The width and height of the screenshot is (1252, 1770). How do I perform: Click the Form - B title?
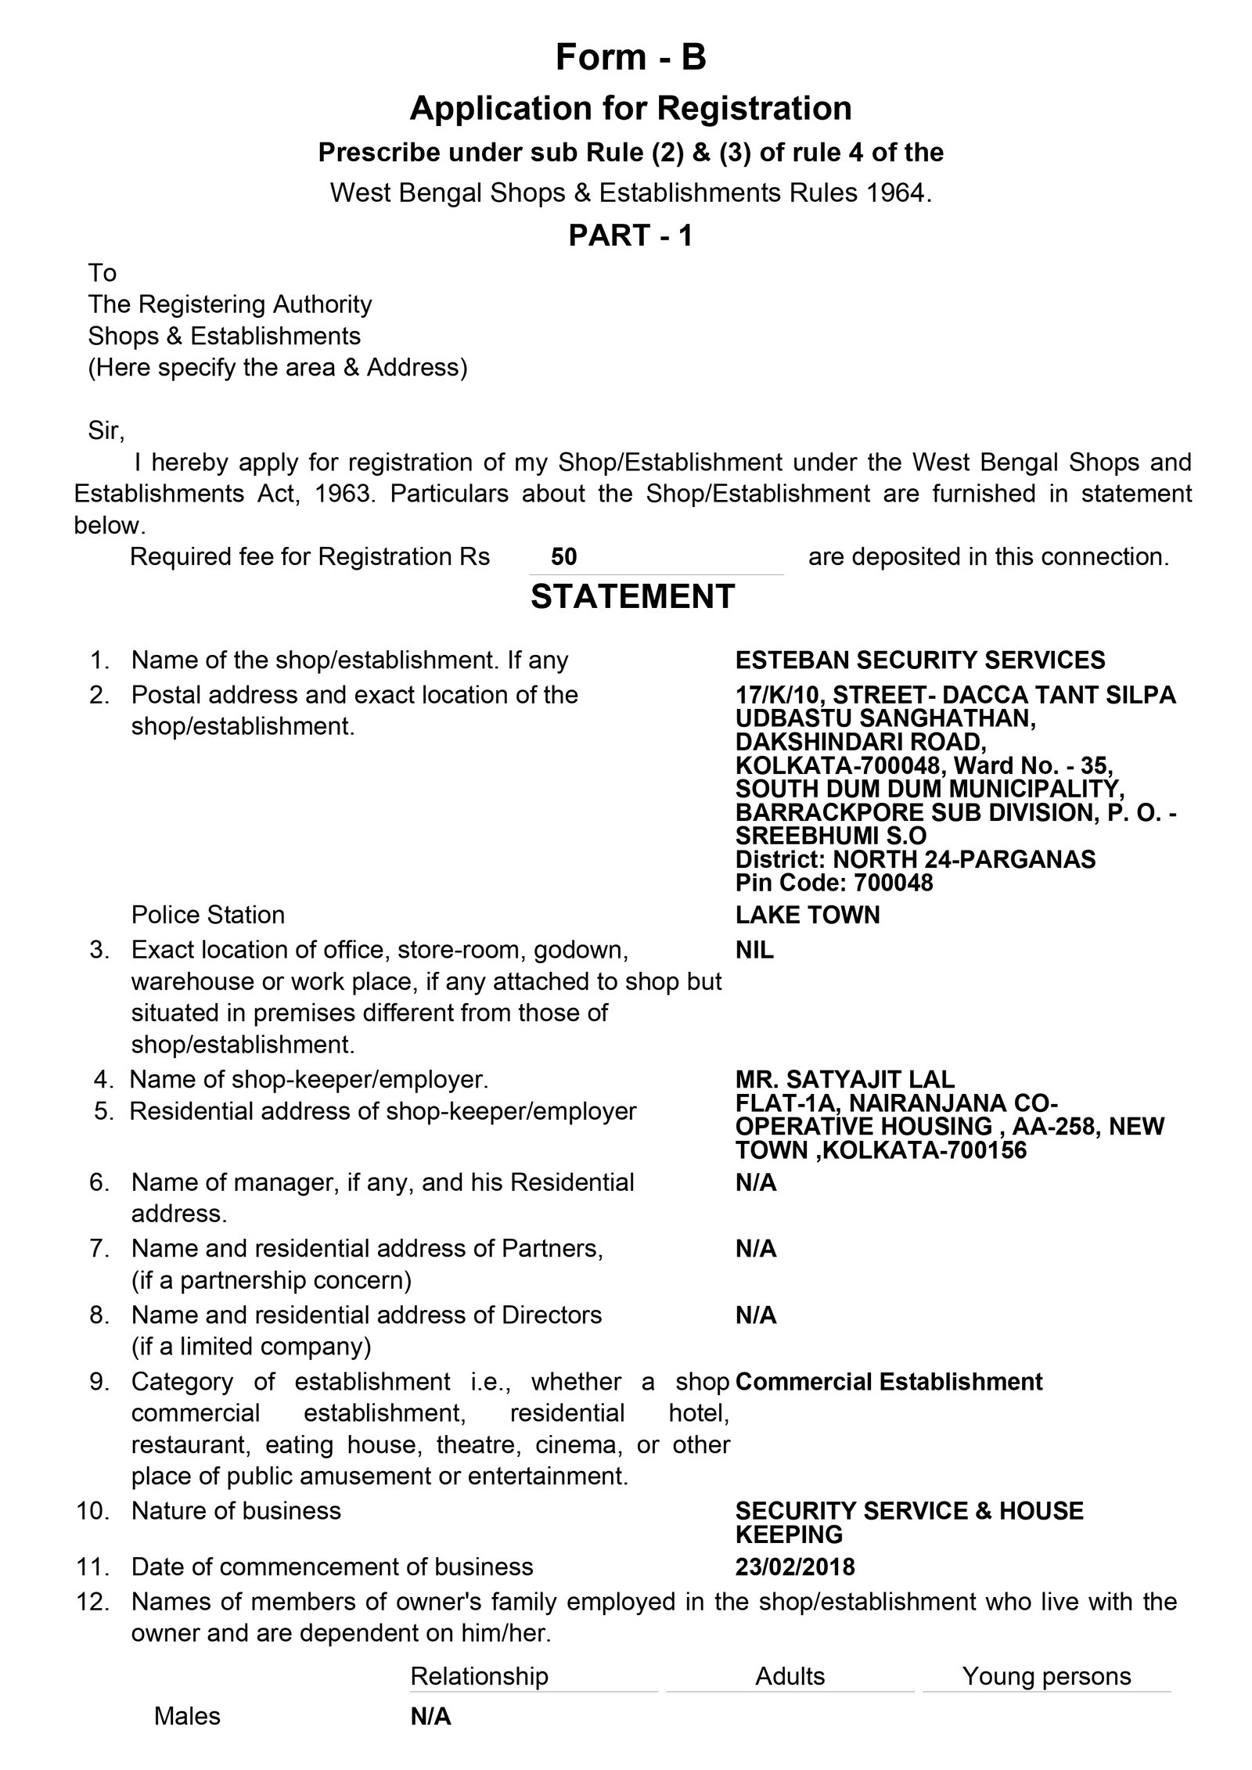tap(631, 57)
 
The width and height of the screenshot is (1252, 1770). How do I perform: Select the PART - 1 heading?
tap(631, 235)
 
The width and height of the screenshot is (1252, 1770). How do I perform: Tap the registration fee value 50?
tap(563, 556)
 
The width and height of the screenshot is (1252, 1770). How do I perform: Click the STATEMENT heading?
tap(632, 596)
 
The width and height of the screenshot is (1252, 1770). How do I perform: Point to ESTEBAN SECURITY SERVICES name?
tap(920, 660)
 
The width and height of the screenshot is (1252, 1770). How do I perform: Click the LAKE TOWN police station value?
tap(808, 914)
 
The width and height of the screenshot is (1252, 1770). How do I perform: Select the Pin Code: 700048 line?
tap(834, 883)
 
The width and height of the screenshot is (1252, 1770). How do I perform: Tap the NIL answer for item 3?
tap(754, 949)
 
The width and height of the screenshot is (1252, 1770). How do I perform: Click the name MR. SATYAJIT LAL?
tap(845, 1079)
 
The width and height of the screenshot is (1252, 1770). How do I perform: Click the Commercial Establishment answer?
tap(889, 1381)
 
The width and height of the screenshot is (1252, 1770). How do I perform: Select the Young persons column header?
tap(1046, 1675)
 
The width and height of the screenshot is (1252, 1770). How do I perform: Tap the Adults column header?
tap(790, 1675)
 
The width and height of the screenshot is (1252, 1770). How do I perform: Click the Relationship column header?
tap(479, 1675)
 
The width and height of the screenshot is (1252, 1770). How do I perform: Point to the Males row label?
tap(187, 1716)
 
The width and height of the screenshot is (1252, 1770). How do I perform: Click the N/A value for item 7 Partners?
tap(756, 1248)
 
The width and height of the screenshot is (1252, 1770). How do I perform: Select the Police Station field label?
tap(207, 914)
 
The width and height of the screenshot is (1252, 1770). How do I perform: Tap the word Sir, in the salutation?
tap(106, 430)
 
